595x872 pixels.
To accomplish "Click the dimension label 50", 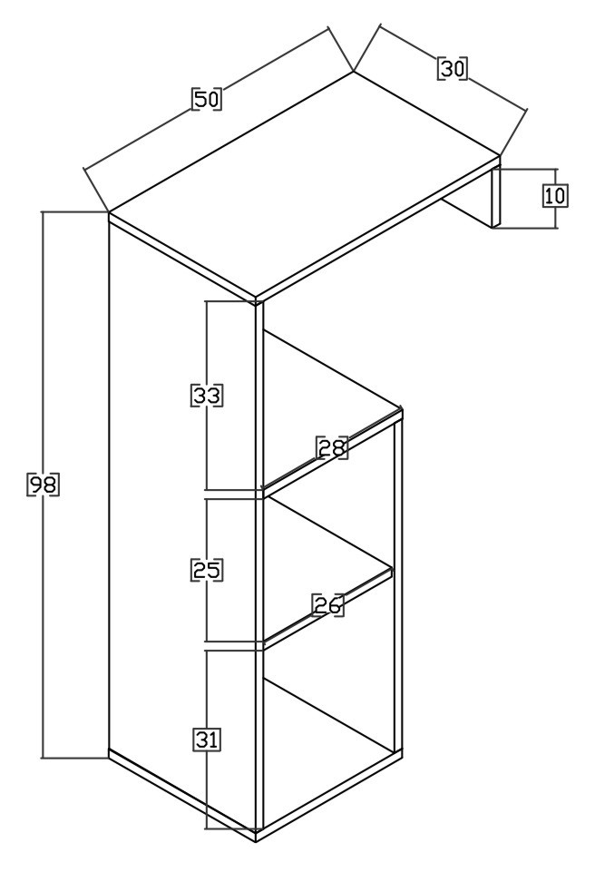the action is click(x=206, y=99).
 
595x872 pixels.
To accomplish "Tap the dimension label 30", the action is click(x=452, y=69).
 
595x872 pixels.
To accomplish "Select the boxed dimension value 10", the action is click(x=555, y=196).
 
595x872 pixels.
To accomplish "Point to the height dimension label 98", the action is click(x=43, y=485).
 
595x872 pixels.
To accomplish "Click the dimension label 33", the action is click(x=207, y=395).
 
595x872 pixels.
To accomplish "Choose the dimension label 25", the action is click(x=207, y=570).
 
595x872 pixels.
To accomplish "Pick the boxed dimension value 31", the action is click(x=207, y=740).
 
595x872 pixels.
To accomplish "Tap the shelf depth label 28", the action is click(x=332, y=447).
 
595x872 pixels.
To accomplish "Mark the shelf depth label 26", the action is click(x=327, y=605).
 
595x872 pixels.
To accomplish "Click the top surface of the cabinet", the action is click(x=305, y=183).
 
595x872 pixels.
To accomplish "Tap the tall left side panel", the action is click(x=181, y=528).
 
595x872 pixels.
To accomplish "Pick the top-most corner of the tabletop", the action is click(x=354, y=71).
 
